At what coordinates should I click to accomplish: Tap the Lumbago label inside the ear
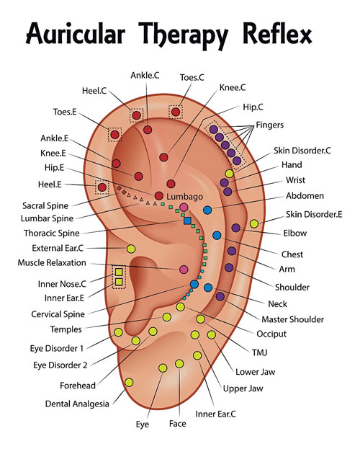(184, 196)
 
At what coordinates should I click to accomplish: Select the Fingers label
(271, 125)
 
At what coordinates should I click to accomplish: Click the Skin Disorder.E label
(313, 213)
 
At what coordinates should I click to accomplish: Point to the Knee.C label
(233, 87)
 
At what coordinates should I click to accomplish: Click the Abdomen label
(305, 195)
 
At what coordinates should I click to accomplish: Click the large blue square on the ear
(187, 221)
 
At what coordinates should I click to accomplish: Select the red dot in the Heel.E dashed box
(102, 187)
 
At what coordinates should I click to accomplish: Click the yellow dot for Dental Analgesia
(129, 382)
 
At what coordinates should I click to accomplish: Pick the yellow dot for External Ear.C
(131, 249)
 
